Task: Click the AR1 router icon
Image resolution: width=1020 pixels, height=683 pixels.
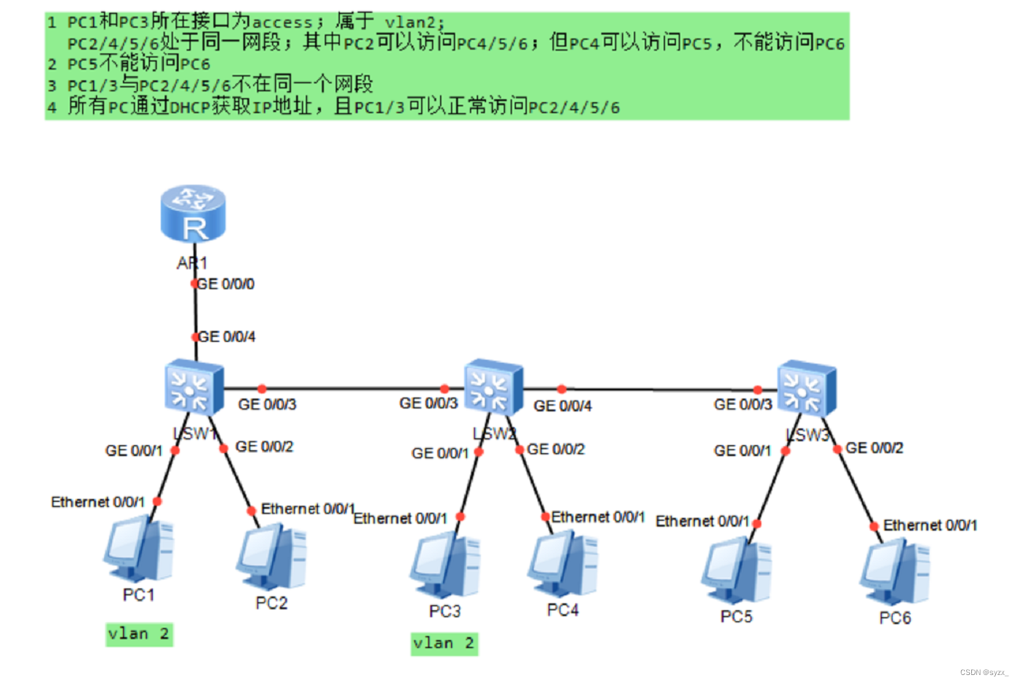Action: coord(193,213)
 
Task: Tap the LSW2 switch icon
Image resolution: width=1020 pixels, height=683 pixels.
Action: coord(493,387)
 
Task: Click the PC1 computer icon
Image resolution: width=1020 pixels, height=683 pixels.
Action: coord(138,548)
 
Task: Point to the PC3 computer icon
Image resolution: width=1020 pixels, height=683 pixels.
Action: coord(445,567)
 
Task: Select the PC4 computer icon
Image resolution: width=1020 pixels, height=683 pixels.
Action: coord(562,564)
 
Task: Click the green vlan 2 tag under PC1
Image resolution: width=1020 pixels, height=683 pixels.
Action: coord(139,634)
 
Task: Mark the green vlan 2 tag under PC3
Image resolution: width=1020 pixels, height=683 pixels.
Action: coord(444,644)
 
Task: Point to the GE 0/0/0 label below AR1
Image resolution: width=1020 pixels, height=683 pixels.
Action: coord(226,284)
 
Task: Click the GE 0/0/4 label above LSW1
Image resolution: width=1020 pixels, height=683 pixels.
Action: coord(227,337)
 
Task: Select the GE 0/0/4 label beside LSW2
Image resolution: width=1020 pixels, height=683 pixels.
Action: coord(562,406)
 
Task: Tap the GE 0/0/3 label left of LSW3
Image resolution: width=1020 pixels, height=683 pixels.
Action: coord(743,404)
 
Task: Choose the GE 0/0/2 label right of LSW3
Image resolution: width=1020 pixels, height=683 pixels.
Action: coord(874,448)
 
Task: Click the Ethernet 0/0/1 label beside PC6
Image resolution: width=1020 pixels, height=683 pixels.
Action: coord(930,525)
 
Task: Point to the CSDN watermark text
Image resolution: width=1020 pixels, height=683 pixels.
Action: coord(984,673)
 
